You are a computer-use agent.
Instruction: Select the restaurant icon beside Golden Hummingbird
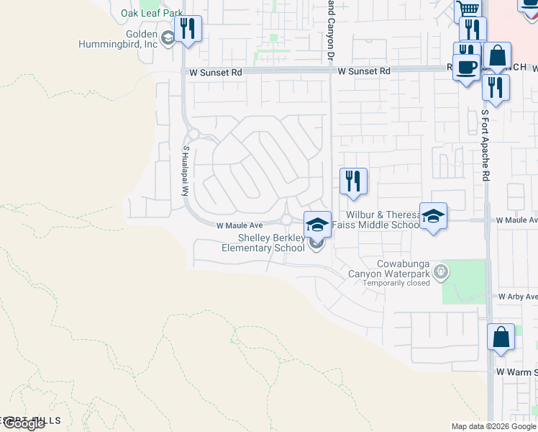pyautogui.click(x=188, y=29)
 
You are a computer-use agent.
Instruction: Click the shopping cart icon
pyautogui.click(x=468, y=9)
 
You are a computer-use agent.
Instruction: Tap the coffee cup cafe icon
pyautogui.click(x=467, y=66)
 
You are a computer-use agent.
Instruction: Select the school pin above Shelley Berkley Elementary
pyautogui.click(x=317, y=225)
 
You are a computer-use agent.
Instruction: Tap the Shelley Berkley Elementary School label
pyautogui.click(x=263, y=243)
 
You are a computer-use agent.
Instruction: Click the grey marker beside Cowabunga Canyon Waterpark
pyautogui.click(x=442, y=271)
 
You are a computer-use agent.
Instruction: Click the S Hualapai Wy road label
pyautogui.click(x=186, y=171)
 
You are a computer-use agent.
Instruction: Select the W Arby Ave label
pyautogui.click(x=517, y=297)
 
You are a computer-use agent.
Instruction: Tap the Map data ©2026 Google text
pyautogui.click(x=493, y=426)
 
